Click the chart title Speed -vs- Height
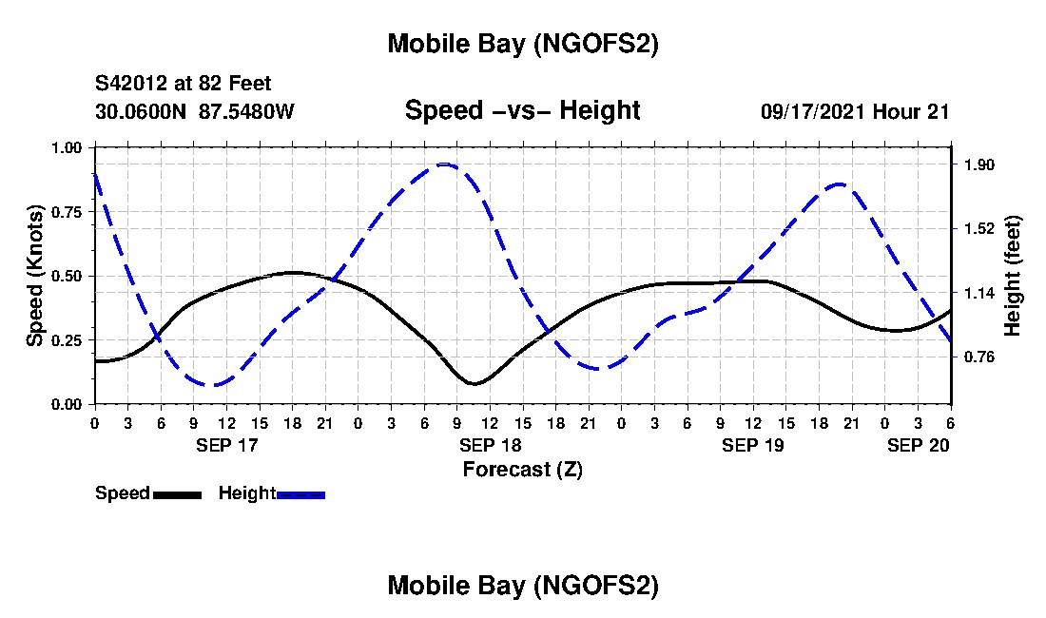pos(522,110)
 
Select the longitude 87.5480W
pos(246,111)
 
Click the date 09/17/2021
pos(812,111)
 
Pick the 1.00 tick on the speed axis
pos(67,148)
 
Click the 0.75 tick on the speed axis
pos(67,212)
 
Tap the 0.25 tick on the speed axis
pos(67,340)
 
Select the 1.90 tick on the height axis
pos(978,164)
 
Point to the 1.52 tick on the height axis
pos(978,228)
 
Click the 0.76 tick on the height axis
pos(978,357)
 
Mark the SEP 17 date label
pos(226,445)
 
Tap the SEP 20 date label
pos(919,445)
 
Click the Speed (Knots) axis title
pos(35,276)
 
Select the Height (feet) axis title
pos(1013,276)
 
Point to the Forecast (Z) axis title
pos(522,469)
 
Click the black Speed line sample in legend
pos(177,494)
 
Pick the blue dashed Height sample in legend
pos(300,494)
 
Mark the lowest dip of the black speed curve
pos(475,383)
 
